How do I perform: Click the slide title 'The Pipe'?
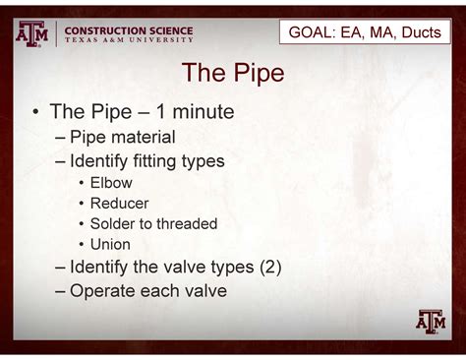click(x=233, y=74)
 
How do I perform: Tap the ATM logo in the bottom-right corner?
click(x=431, y=321)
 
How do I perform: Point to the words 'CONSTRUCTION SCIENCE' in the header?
click(x=128, y=30)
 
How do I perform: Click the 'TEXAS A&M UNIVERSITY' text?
click(x=128, y=41)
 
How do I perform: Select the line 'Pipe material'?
click(x=122, y=137)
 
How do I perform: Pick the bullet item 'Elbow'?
click(x=111, y=183)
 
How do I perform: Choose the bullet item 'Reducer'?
click(x=119, y=203)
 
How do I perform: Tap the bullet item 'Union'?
click(x=110, y=244)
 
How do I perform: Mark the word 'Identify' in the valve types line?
click(x=102, y=267)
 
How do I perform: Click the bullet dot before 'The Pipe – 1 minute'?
click(x=34, y=113)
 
